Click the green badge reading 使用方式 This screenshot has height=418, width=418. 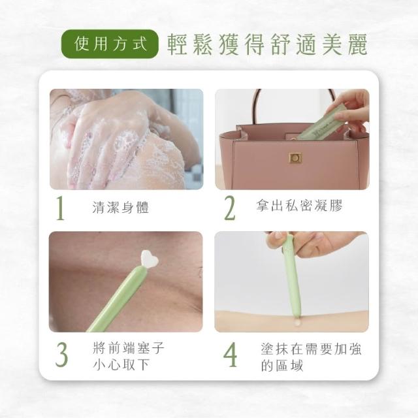110,44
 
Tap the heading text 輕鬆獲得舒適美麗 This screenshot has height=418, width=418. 267,44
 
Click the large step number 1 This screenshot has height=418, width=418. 61,208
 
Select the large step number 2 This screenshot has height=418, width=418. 229,208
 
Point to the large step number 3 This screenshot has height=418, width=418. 61,355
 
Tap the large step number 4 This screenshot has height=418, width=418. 230,355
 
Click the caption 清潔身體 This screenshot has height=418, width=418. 120,207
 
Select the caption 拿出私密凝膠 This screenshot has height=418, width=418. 299,205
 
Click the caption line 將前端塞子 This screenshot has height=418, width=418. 129,348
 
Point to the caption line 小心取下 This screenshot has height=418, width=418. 121,364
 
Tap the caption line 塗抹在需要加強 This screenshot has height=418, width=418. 311,349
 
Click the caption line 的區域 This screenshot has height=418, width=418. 282,365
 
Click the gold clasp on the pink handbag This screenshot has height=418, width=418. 295,158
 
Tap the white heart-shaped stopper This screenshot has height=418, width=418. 150,259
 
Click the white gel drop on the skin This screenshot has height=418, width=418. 297,323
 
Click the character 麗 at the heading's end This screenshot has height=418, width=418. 357,44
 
